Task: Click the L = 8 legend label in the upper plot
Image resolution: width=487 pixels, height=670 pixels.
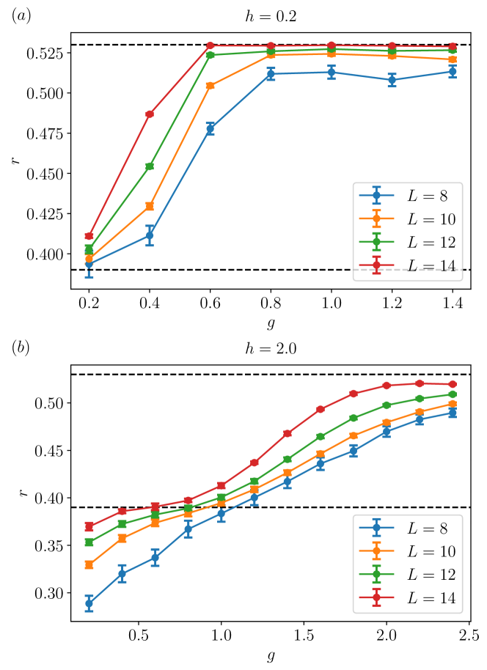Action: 427,196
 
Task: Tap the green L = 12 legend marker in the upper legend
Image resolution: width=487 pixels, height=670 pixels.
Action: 376,242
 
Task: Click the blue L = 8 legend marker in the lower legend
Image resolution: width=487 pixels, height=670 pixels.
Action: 376,528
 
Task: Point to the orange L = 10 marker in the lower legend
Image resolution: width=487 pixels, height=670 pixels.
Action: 376,551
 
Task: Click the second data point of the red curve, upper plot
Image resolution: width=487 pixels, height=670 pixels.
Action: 150,114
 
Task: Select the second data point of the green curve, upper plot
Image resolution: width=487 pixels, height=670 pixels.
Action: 150,166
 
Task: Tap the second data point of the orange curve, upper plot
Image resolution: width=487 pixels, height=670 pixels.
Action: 150,207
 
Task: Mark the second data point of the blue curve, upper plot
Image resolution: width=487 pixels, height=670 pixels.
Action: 150,236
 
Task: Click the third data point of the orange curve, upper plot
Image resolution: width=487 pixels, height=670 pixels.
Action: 210,86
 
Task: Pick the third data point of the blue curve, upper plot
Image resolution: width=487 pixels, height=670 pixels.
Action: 210,129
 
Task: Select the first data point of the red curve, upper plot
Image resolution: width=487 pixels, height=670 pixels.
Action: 89,236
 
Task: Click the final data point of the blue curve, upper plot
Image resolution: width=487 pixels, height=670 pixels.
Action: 453,72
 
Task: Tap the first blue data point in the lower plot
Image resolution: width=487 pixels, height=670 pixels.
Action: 89,603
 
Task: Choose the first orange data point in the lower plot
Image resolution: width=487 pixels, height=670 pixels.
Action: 89,565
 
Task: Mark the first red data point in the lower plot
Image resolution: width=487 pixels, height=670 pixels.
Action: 89,526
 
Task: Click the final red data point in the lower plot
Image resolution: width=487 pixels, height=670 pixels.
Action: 453,384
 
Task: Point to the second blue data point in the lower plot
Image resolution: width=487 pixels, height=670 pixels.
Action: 122,574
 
